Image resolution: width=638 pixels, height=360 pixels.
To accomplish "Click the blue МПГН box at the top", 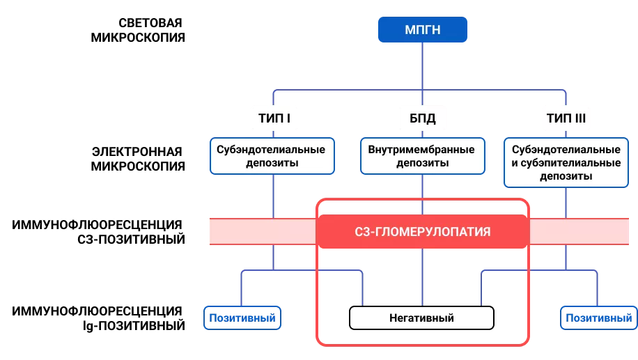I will coord(422,30).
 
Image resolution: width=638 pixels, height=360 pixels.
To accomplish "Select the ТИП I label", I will coord(274,118).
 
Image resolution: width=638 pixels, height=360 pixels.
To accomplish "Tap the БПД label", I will coord(422,118).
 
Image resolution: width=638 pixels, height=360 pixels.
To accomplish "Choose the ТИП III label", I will coord(565,118).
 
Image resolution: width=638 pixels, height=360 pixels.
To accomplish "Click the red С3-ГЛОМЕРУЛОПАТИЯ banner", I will coord(422,231).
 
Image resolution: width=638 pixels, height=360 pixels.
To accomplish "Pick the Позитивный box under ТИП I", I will coord(242,318).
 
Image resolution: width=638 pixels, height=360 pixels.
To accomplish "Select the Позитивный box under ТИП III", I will coord(598,318).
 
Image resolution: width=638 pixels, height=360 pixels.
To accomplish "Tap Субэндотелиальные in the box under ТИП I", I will coord(271,150).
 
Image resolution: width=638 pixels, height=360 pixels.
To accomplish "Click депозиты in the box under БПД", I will coord(422,163).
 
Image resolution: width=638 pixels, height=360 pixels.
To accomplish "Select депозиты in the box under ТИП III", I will coord(565,176).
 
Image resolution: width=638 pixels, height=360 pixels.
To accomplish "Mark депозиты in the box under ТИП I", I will coord(271,163).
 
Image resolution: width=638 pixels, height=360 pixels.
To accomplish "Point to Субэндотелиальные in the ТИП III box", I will coord(565,150).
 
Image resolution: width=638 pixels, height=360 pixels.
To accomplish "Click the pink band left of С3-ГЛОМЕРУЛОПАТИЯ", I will coord(263,231).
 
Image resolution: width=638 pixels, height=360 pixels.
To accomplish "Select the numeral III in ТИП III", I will coord(579,118).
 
